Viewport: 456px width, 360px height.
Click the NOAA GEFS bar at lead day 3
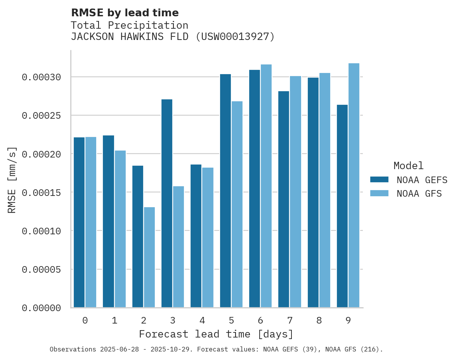pyautogui.click(x=167, y=203)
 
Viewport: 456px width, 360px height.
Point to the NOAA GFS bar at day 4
pyautogui.click(x=208, y=237)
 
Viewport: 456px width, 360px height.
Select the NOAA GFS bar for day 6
pyautogui.click(x=266, y=186)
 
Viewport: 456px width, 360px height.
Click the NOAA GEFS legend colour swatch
pyautogui.click(x=379, y=179)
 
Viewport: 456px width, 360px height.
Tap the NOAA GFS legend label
pyautogui.click(x=419, y=194)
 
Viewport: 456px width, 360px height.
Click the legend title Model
pyautogui.click(x=408, y=166)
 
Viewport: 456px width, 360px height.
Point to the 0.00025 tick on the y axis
pyautogui.click(x=41, y=116)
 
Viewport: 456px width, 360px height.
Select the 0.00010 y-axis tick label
pyautogui.click(x=41, y=231)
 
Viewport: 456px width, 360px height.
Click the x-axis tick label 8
pyautogui.click(x=319, y=321)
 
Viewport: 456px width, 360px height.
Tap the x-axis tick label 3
pyautogui.click(x=173, y=321)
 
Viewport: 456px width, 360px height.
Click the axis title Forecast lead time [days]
pyautogui.click(x=216, y=334)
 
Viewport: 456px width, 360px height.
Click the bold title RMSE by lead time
pyautogui.click(x=125, y=13)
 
